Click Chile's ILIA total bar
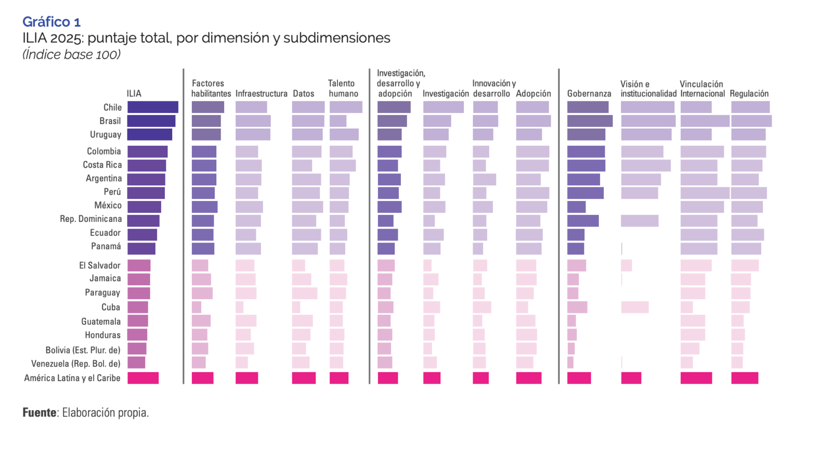[153, 107]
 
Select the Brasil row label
[110, 121]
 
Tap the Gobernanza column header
[589, 94]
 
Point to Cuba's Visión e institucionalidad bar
[635, 307]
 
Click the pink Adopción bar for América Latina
[529, 378]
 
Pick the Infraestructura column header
[261, 94]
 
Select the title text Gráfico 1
[51, 22]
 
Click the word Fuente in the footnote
[40, 413]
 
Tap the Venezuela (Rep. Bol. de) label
[76, 363]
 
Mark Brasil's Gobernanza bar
[590, 121]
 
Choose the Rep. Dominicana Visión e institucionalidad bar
[640, 221]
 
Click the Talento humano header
[343, 88]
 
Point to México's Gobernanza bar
[577, 207]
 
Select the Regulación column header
[749, 94]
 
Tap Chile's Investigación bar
[443, 107]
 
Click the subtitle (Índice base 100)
[71, 55]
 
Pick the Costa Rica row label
[102, 164]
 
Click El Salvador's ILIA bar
[139, 265]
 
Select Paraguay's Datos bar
[305, 293]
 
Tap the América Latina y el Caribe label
[72, 378]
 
